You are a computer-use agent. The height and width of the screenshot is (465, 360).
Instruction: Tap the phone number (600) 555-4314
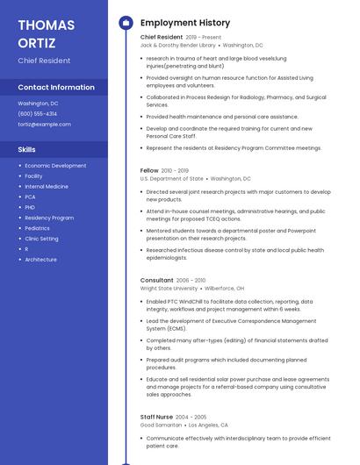tap(38, 114)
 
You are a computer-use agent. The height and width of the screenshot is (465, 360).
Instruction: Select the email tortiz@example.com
tap(45, 125)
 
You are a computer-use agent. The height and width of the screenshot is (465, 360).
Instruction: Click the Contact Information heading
tap(56, 88)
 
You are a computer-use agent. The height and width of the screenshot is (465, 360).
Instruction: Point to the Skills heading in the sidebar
tap(27, 150)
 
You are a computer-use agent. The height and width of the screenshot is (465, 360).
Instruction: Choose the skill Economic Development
tap(55, 166)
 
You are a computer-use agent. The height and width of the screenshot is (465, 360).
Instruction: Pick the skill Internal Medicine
tap(47, 187)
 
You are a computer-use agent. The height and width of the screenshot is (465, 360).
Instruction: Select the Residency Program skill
tap(49, 218)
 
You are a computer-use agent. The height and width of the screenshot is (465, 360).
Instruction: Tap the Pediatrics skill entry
tap(38, 228)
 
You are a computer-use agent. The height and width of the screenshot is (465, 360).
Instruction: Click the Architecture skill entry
tap(40, 260)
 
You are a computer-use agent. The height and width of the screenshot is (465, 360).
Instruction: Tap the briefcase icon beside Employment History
tap(125, 23)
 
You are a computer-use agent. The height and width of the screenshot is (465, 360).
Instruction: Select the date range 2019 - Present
tap(204, 38)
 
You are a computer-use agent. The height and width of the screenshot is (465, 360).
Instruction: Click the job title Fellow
tap(149, 170)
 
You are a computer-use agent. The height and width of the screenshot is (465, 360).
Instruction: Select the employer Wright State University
tap(169, 289)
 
